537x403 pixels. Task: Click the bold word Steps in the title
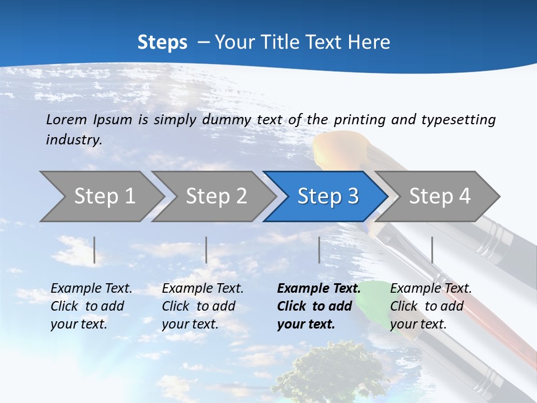coord(162,43)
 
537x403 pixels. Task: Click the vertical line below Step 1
coord(95,250)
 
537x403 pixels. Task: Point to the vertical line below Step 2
coord(206,250)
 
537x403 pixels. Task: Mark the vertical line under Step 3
coord(319,250)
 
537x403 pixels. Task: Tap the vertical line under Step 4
coord(432,250)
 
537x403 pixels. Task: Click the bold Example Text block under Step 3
coord(319,306)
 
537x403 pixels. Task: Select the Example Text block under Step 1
coord(91,306)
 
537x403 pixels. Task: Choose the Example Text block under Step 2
coord(202,306)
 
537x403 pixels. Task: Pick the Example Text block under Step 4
coord(431,306)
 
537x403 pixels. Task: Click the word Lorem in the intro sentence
coord(67,119)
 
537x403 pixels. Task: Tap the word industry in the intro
coord(74,140)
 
